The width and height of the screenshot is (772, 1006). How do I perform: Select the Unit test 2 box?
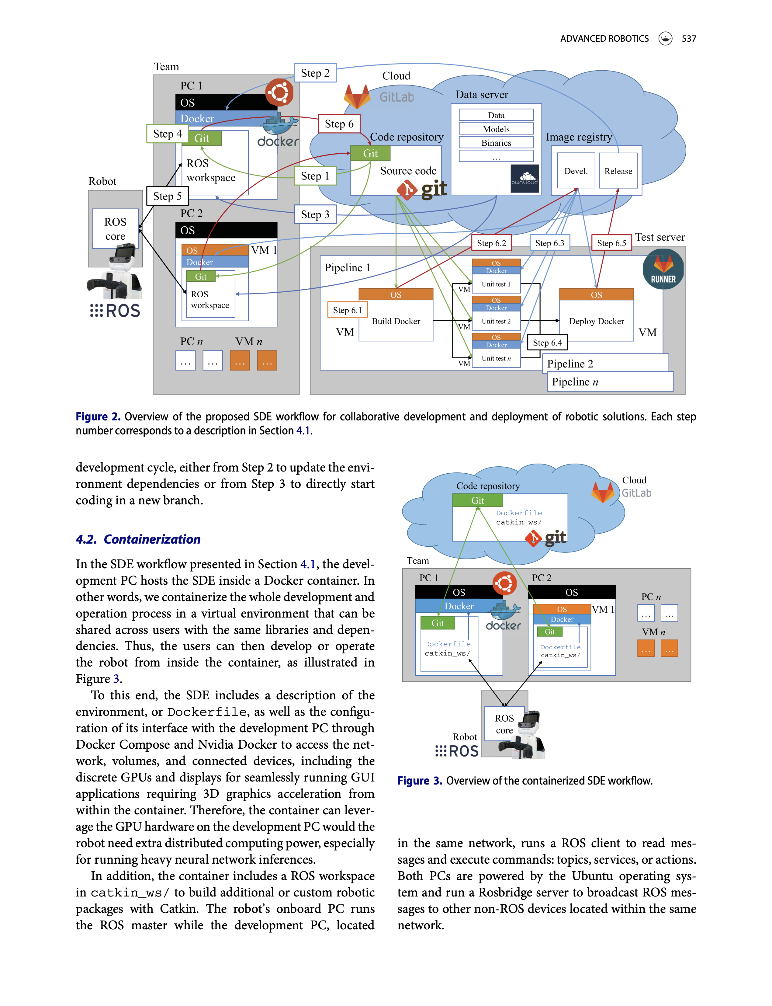(x=496, y=321)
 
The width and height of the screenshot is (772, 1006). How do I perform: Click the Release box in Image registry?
(x=618, y=171)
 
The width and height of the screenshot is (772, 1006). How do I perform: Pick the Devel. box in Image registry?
(x=576, y=171)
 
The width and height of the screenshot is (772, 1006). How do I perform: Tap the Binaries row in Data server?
(x=496, y=143)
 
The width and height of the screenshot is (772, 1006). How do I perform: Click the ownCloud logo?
(x=524, y=178)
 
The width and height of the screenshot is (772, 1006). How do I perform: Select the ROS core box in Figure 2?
(x=115, y=228)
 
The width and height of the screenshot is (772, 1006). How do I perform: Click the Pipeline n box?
(x=610, y=381)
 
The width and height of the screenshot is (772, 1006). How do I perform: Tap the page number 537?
(x=688, y=39)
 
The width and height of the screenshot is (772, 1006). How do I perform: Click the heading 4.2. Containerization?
(x=138, y=539)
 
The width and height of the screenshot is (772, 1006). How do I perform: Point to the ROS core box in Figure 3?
(x=504, y=724)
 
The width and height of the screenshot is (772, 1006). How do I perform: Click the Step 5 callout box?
(x=167, y=196)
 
